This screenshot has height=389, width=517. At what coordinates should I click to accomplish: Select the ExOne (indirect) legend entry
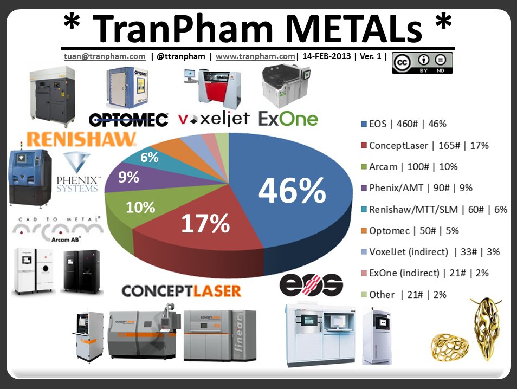tap(421, 273)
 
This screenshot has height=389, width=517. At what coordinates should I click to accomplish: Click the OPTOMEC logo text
tap(128, 119)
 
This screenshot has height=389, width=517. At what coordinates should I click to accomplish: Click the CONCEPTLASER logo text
tap(182, 291)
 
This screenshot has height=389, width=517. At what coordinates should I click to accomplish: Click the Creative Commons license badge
tap(422, 63)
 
